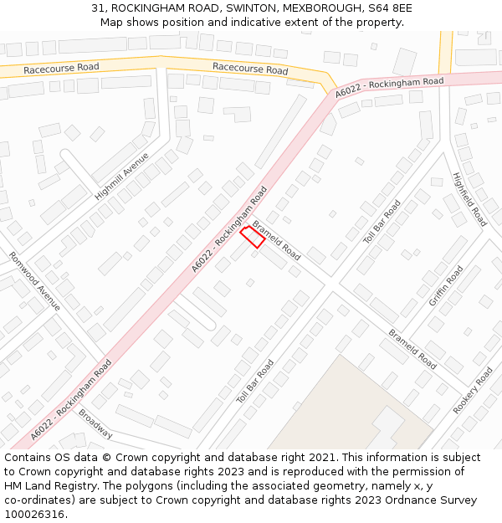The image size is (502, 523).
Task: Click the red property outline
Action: pos(253,238)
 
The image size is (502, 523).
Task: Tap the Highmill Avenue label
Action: pos(121,176)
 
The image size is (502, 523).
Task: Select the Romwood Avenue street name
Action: pos(34,281)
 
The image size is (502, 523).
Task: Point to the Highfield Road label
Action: pos(469,199)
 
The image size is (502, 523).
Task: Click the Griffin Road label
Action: pos(446,286)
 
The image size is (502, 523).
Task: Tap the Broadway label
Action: pos(95,423)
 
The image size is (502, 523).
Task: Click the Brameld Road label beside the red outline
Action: pos(277,239)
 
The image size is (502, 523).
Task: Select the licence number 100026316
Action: pos(35,515)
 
